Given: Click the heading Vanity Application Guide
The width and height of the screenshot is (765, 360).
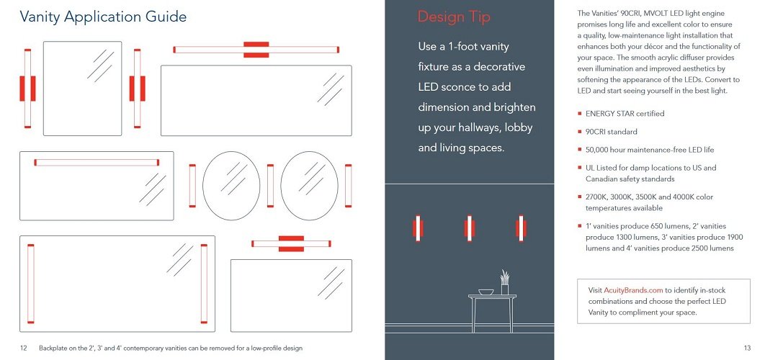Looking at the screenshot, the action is [103, 17].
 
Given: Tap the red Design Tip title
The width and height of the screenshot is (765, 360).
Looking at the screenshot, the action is [454, 17].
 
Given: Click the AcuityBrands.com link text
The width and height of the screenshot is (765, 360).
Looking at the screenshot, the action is [632, 290].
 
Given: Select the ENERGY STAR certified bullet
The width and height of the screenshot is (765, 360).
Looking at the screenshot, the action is [625, 114].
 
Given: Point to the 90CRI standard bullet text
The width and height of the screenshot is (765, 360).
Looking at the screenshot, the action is [612, 132].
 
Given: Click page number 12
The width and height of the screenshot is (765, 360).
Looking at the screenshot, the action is [24, 348].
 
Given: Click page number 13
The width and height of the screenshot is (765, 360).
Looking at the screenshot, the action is [747, 348].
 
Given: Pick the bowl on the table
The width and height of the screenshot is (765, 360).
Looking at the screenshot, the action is [486, 292].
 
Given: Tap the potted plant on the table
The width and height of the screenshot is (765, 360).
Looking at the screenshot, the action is [504, 283].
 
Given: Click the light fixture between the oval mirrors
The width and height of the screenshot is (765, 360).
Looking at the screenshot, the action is [270, 185].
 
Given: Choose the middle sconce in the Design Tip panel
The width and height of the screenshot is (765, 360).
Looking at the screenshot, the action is [470, 228].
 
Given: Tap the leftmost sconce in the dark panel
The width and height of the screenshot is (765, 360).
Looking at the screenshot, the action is [418, 228].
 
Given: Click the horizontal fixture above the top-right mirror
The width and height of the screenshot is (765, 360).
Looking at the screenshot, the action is [256, 49].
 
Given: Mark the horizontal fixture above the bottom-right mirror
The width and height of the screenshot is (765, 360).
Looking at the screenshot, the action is [291, 243].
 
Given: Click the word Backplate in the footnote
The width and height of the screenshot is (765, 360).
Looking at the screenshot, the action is [53, 348].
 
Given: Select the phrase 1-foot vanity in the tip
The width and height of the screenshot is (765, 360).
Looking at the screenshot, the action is [474, 47].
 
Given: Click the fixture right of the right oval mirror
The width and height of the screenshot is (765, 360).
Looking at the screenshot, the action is [349, 185].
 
